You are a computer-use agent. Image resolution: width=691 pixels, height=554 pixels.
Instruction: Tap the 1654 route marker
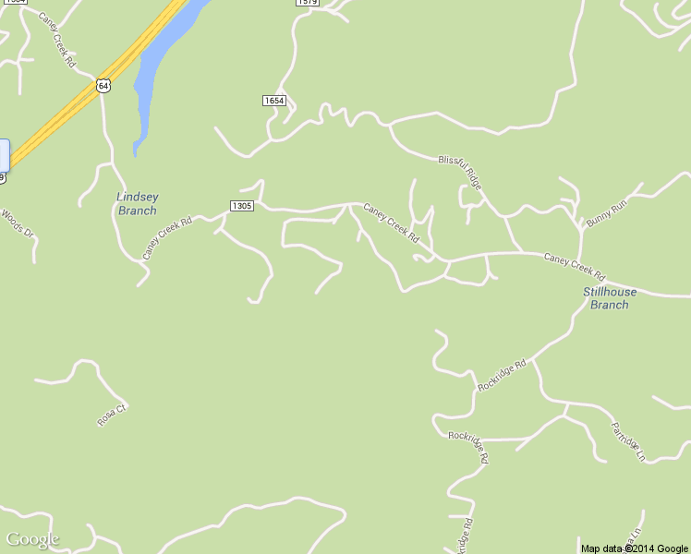point(273,100)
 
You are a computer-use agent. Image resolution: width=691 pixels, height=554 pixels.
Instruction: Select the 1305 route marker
point(240,206)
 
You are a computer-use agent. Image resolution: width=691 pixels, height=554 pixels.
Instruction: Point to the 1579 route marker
point(308,3)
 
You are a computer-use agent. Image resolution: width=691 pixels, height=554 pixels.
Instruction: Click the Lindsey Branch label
point(137,203)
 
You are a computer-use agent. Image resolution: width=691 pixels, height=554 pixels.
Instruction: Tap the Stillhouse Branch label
point(610,298)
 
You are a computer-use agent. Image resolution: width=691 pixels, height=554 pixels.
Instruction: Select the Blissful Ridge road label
point(460,173)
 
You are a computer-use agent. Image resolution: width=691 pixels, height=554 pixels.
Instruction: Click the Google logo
point(32,539)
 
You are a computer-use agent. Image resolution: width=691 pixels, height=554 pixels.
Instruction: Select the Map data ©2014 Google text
point(635,548)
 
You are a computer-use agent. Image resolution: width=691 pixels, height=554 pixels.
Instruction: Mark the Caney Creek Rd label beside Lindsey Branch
point(167,237)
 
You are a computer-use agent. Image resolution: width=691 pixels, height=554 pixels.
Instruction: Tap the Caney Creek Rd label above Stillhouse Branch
point(574,267)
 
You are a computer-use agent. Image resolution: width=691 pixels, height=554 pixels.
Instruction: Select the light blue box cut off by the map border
point(4,154)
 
